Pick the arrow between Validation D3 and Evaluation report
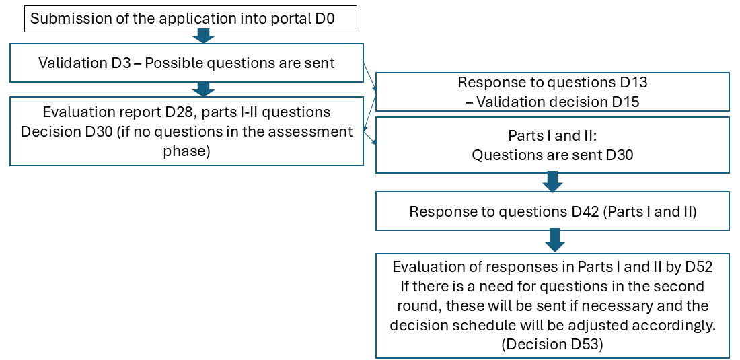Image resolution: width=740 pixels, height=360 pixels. point(203,89)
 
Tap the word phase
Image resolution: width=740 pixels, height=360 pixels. point(187,151)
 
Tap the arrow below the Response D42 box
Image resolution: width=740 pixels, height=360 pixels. point(553,240)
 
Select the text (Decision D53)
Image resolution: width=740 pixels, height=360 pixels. point(552,344)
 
